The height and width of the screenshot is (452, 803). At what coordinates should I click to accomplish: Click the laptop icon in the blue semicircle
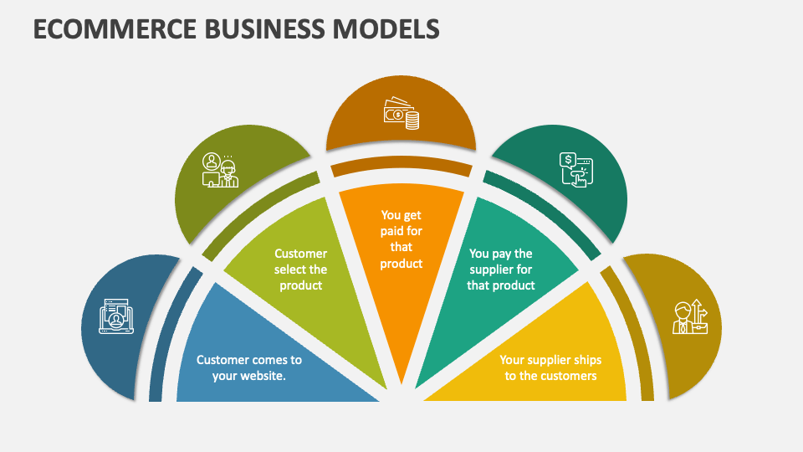point(116,317)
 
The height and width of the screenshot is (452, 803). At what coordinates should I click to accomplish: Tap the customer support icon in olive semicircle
point(220,170)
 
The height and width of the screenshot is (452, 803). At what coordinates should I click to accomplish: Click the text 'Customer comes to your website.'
point(249,367)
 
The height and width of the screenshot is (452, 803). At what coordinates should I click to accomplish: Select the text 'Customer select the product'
point(301,270)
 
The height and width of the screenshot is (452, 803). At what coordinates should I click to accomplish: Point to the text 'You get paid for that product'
point(401,239)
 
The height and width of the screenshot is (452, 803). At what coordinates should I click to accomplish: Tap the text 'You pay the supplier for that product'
point(501,270)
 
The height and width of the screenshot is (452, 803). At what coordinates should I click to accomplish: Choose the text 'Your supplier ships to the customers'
point(550,367)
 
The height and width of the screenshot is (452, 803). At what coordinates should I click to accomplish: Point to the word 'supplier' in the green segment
point(491,270)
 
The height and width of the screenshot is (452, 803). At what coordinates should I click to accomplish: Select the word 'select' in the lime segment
point(289,270)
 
